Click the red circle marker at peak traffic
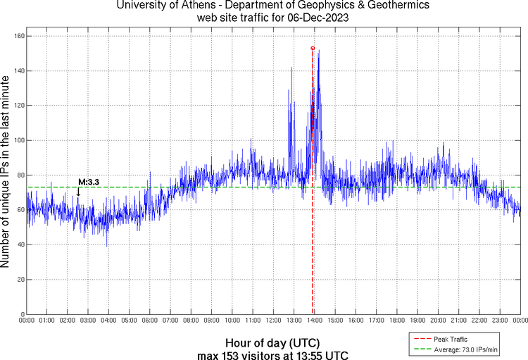(x=313, y=48)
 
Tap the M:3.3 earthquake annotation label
(x=89, y=182)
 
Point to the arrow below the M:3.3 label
(x=79, y=192)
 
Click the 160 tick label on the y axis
(x=19, y=36)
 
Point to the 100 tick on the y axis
(x=19, y=140)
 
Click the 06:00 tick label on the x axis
(x=149, y=321)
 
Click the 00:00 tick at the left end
(x=27, y=321)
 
